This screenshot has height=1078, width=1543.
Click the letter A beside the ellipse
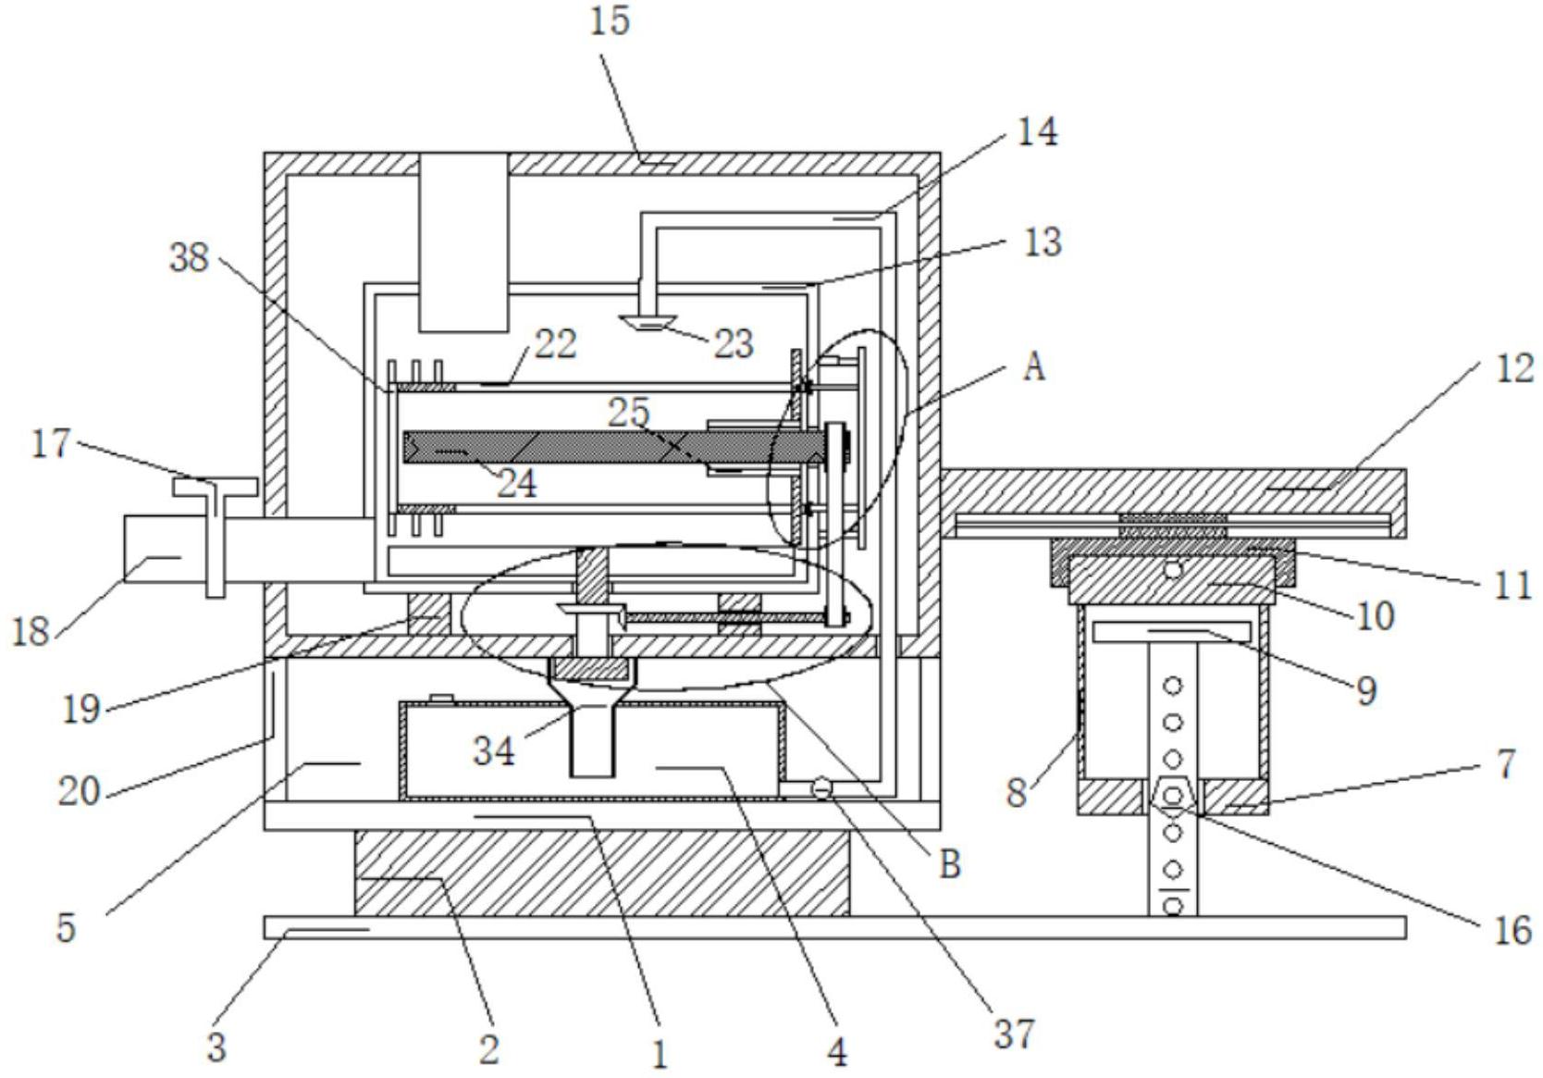pyautogui.click(x=1034, y=367)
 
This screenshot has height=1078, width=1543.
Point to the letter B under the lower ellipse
pyautogui.click(x=950, y=863)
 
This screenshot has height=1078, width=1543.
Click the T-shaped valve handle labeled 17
pyautogui.click(x=215, y=488)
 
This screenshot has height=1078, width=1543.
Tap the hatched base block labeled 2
pyautogui.click(x=601, y=872)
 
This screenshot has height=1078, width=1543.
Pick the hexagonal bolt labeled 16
pyautogui.click(x=1173, y=795)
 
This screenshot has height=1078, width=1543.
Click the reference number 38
pyautogui.click(x=190, y=258)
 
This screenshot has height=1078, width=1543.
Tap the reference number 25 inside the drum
pyautogui.click(x=629, y=412)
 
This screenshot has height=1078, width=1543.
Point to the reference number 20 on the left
pyautogui.click(x=79, y=791)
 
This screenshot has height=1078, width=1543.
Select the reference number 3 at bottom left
pyautogui.click(x=216, y=1047)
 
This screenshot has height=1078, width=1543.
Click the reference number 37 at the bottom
pyautogui.click(x=1015, y=1033)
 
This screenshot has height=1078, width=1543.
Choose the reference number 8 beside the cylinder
pyautogui.click(x=1017, y=793)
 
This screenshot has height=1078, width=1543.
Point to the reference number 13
pyautogui.click(x=1043, y=242)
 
